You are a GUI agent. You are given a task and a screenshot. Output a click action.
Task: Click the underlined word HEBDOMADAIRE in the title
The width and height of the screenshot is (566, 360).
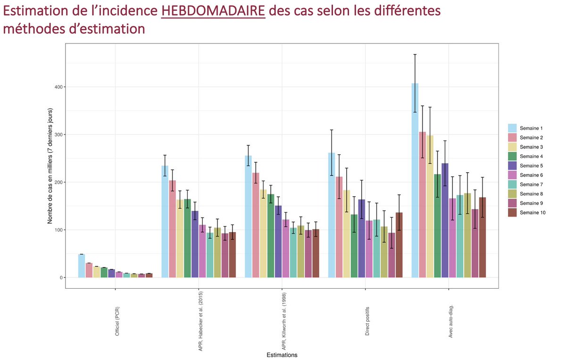[x=213, y=11]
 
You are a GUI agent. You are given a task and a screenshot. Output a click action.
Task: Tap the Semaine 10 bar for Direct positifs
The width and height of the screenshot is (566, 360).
[x=400, y=245]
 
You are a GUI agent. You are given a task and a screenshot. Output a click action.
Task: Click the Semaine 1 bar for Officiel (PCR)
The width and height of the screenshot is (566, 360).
[x=82, y=266]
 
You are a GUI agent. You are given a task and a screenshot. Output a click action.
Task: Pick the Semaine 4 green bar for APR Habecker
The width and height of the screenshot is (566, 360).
[x=187, y=238]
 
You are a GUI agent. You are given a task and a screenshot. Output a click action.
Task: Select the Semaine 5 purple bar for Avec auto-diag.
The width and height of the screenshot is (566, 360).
[x=445, y=222]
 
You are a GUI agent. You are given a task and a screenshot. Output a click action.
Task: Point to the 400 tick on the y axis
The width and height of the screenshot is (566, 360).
[x=58, y=87]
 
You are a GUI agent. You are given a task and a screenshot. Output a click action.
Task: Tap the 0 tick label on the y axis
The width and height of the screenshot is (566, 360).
[x=60, y=278]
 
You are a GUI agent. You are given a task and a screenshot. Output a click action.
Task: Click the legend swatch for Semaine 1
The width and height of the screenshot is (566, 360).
[x=512, y=128]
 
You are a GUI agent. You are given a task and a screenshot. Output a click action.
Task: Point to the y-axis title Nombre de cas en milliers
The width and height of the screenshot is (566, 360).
[x=50, y=165]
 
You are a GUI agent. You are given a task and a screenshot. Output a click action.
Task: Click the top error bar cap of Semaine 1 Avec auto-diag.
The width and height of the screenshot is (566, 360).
[x=415, y=55]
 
